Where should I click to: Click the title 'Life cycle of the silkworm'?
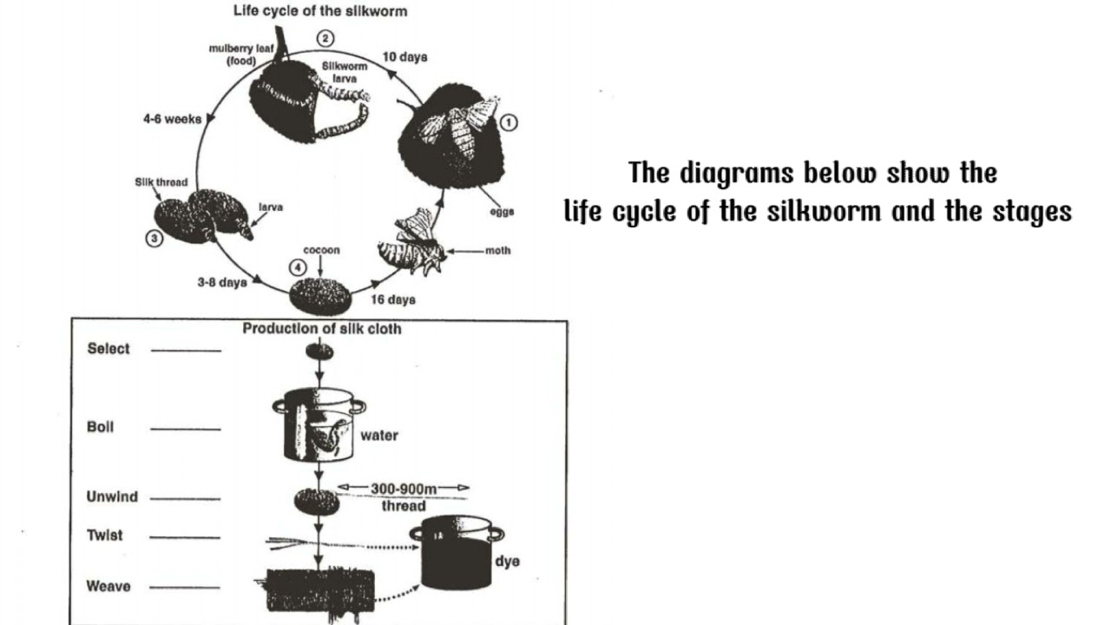tap(320, 11)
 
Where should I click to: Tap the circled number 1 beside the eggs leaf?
tap(509, 123)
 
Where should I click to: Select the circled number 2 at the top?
tap(325, 38)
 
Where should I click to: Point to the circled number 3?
tap(154, 239)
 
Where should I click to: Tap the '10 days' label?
tap(404, 57)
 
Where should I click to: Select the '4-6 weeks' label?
tap(172, 120)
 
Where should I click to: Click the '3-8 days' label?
tap(222, 282)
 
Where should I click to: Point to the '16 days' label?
tap(393, 299)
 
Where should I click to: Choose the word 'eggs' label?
tap(501, 211)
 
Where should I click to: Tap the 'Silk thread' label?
tap(155, 182)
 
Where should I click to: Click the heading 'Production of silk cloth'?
tap(322, 329)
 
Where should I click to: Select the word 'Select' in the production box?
tap(108, 349)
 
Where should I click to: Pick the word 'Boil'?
tap(101, 427)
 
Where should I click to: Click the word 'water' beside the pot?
tap(379, 435)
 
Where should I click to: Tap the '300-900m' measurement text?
tap(404, 489)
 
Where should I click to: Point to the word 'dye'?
tap(507, 562)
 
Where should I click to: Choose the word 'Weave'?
tap(108, 586)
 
